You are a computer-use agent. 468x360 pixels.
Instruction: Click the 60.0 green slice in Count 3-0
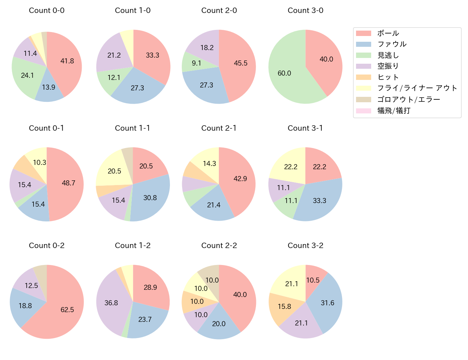point(284,73)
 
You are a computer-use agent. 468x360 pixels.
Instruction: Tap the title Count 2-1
point(219,128)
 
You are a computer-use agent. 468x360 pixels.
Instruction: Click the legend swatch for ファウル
point(363,44)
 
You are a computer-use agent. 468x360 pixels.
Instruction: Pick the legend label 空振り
point(388,66)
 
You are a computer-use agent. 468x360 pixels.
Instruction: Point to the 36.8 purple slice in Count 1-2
point(112,302)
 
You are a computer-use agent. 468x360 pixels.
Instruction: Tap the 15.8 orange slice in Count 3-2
point(284,306)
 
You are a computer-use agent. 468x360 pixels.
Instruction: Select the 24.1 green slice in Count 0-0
point(27,76)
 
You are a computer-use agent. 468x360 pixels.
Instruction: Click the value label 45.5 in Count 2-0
point(240,63)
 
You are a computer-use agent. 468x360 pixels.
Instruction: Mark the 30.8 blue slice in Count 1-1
point(149,197)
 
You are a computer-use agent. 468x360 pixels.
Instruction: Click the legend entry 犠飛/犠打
point(393,111)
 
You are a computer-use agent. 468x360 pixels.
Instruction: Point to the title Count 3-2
point(305,246)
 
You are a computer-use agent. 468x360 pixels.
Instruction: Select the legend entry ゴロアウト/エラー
point(408,99)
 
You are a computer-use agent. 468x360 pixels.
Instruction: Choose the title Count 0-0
point(46,10)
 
